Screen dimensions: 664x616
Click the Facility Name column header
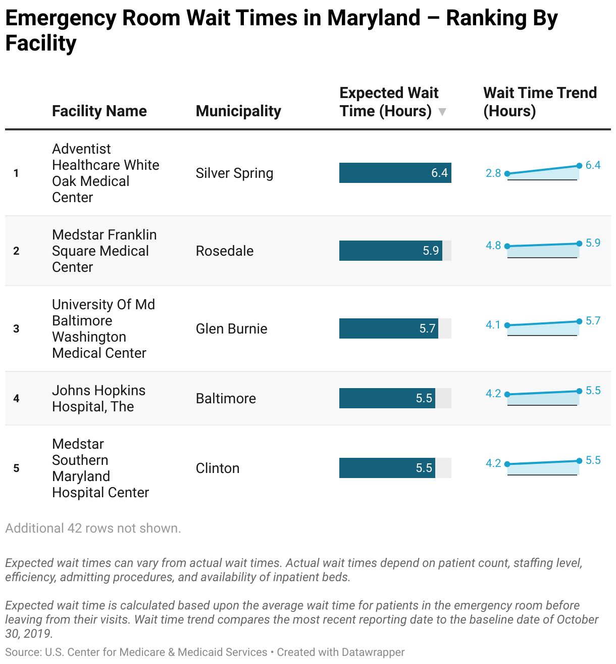pyautogui.click(x=99, y=111)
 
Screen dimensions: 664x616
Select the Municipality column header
pyautogui.click(x=238, y=111)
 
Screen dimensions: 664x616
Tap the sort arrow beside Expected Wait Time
pyautogui.click(x=442, y=112)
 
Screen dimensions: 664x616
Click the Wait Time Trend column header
pyautogui.click(x=540, y=102)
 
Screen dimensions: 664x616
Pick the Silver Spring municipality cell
pyautogui.click(x=234, y=173)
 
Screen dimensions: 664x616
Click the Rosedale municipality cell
pyautogui.click(x=225, y=251)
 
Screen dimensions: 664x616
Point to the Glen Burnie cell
pyautogui.click(x=231, y=329)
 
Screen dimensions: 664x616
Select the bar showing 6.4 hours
pyautogui.click(x=395, y=173)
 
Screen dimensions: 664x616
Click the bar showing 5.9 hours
pyautogui.click(x=390, y=251)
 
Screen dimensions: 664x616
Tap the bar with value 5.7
pyautogui.click(x=388, y=328)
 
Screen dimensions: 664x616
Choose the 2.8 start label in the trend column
pyautogui.click(x=493, y=173)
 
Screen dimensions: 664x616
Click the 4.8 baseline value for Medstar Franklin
pyautogui.click(x=493, y=246)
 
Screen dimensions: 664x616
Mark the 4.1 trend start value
pyautogui.click(x=493, y=325)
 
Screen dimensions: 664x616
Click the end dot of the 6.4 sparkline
pyautogui.click(x=579, y=166)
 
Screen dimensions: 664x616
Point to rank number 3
pyautogui.click(x=16, y=329)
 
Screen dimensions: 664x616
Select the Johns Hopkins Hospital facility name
pyautogui.click(x=98, y=398)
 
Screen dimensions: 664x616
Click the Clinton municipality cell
pyautogui.click(x=218, y=468)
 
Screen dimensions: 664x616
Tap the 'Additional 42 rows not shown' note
pyautogui.click(x=93, y=529)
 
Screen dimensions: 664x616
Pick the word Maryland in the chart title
pyautogui.click(x=374, y=18)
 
